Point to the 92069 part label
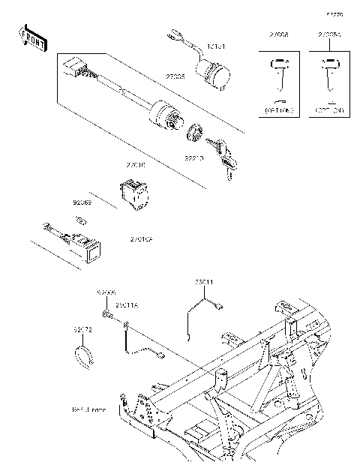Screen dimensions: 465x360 point(82,203)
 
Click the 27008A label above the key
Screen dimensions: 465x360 point(328,34)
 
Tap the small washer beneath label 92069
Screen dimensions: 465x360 point(82,220)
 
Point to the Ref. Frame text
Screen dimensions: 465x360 point(89,410)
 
